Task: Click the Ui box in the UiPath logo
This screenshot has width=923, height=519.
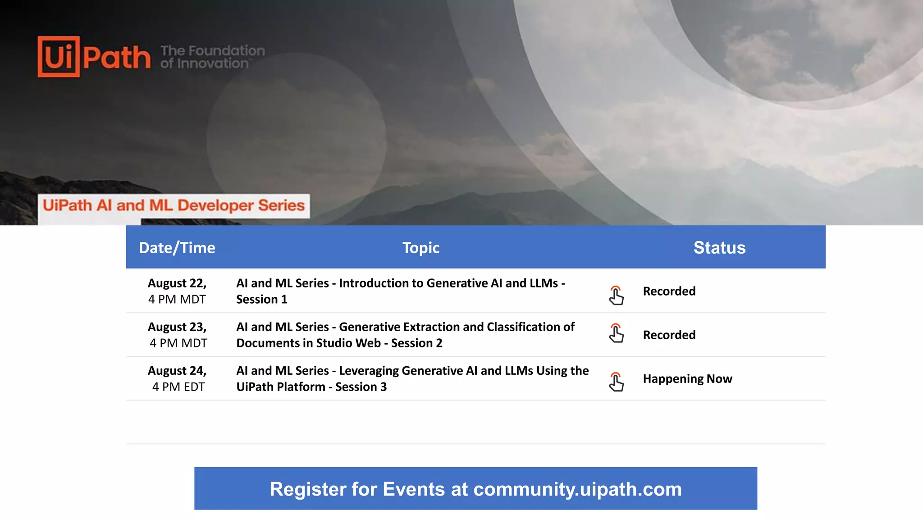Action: click(x=59, y=57)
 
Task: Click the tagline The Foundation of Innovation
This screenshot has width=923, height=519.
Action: click(x=212, y=57)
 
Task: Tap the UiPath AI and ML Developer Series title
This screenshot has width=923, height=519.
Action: click(x=174, y=205)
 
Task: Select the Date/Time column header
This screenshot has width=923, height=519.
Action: click(x=177, y=248)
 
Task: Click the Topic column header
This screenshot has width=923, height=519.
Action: click(x=420, y=248)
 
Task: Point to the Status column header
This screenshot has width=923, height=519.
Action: click(x=719, y=248)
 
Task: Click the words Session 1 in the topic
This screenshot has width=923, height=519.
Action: click(x=261, y=300)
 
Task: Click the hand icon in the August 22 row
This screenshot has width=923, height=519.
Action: click(x=616, y=296)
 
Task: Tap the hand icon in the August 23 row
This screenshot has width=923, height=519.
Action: click(x=616, y=333)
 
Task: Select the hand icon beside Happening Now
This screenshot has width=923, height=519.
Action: click(x=616, y=382)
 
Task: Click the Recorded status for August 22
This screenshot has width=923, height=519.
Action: click(x=669, y=291)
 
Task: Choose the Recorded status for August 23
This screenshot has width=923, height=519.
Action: click(x=669, y=335)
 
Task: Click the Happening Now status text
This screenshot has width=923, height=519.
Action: click(x=687, y=379)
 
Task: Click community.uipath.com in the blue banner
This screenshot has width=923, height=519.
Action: click(x=577, y=489)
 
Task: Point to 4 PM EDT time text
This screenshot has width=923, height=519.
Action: click(x=178, y=387)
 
